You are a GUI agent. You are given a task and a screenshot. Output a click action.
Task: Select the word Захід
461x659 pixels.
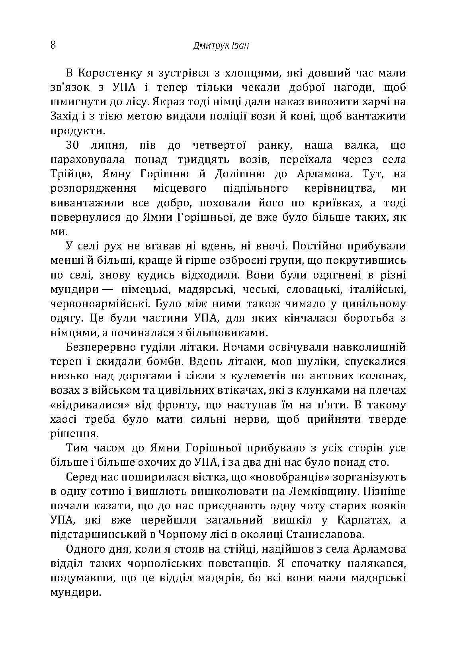tap(62, 116)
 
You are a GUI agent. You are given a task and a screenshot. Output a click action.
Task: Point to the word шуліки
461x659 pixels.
tap(313, 361)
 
